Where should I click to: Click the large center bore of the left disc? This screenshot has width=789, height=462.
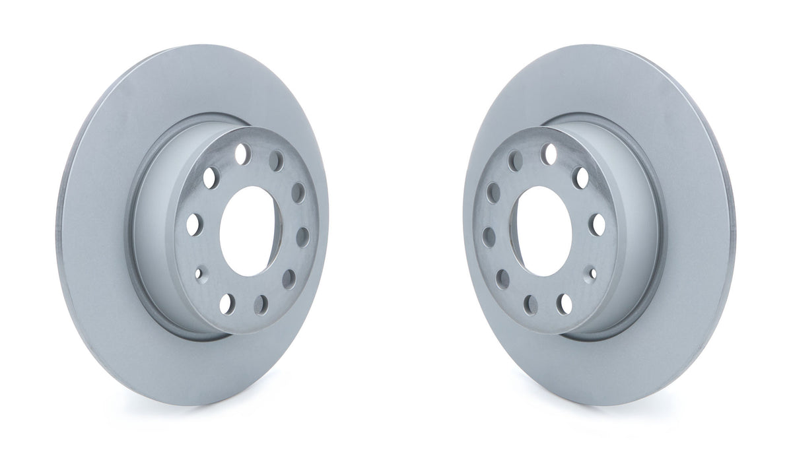pos(246,230)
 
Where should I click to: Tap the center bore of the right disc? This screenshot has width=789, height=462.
pos(545,230)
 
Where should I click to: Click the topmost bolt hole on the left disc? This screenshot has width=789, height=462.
pos(242,154)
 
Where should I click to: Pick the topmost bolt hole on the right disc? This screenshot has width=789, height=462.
pos(548,154)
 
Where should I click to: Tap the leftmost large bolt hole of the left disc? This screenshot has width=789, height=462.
pos(193,224)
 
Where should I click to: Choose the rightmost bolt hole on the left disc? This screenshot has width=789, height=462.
pos(303,236)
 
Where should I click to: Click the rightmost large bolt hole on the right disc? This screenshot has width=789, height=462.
pos(598,224)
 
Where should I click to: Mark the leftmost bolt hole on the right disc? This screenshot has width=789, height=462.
pos(489,236)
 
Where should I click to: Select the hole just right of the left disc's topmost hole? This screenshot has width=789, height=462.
pos(277,160)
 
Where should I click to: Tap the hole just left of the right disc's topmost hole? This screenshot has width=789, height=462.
pos(514,160)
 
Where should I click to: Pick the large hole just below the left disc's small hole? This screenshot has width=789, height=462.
pos(226,303)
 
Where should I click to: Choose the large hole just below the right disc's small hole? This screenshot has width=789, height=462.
pos(565,303)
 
